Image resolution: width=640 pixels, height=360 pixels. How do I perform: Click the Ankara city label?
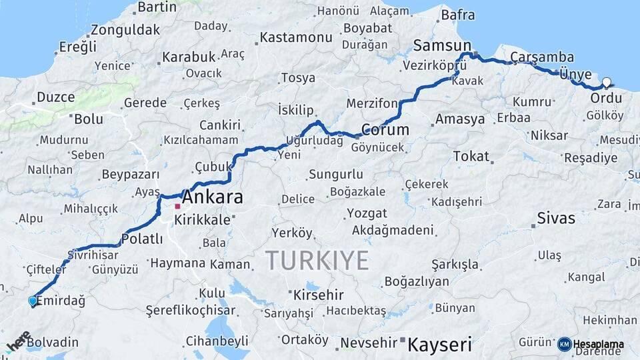[x=212, y=197]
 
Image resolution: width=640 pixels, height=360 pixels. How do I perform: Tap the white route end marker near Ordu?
[x=607, y=83]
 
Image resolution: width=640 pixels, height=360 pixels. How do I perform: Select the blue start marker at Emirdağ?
[x=33, y=301]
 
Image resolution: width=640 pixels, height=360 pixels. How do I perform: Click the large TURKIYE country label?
[x=317, y=260]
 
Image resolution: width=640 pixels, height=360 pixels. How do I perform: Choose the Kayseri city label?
[x=439, y=345]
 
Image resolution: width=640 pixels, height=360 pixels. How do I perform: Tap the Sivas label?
[x=556, y=218]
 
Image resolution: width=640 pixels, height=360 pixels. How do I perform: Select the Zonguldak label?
[x=125, y=30]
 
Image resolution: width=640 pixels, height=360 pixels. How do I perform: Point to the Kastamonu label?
[x=295, y=37]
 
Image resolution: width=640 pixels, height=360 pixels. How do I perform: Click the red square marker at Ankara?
[x=178, y=207]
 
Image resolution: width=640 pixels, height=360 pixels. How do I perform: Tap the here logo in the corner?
[x=19, y=341]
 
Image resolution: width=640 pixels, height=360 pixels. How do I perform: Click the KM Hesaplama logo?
[x=591, y=345]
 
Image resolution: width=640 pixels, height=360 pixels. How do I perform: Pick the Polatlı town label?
[x=141, y=239]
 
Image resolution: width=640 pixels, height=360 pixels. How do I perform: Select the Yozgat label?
[x=366, y=213]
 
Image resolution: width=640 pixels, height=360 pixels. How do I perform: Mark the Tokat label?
[x=471, y=156]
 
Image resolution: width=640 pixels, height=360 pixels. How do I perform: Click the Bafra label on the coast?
[x=458, y=14]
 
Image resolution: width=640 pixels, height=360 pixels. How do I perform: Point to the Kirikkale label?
[x=202, y=219]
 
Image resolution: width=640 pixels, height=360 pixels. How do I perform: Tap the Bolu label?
[x=89, y=119]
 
